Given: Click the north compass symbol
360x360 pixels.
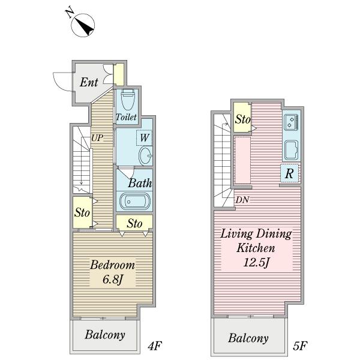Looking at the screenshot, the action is click(83, 25).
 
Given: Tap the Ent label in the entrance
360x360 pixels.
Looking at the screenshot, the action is click(89, 82).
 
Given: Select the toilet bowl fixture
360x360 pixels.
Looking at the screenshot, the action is click(128, 100).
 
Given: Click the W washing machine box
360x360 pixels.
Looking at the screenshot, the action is click(145, 138).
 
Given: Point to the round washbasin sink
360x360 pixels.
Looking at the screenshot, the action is click(146, 156).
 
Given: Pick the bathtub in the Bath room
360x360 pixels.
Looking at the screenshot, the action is click(135, 202).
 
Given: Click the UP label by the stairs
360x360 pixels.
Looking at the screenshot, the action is click(97, 138).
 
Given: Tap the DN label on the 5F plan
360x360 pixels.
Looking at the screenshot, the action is click(242, 200).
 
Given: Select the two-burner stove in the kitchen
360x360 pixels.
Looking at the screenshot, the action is click(291, 122).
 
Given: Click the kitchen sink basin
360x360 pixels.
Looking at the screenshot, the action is click(291, 150).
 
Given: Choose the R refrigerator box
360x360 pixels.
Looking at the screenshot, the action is click(290, 173).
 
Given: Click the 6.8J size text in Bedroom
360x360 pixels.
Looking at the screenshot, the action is click(113, 280).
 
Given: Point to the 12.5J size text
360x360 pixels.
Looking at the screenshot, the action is click(256, 262).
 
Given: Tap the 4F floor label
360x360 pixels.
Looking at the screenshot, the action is click(155, 346).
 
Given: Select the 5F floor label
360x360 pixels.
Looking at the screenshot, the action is click(299, 346).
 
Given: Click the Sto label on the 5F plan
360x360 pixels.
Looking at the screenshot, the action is click(242, 119).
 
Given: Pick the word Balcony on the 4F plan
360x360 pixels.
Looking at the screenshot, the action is click(105, 335).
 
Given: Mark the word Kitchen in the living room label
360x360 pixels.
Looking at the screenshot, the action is click(256, 248).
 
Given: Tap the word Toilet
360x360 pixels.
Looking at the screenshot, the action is click(126, 117).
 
